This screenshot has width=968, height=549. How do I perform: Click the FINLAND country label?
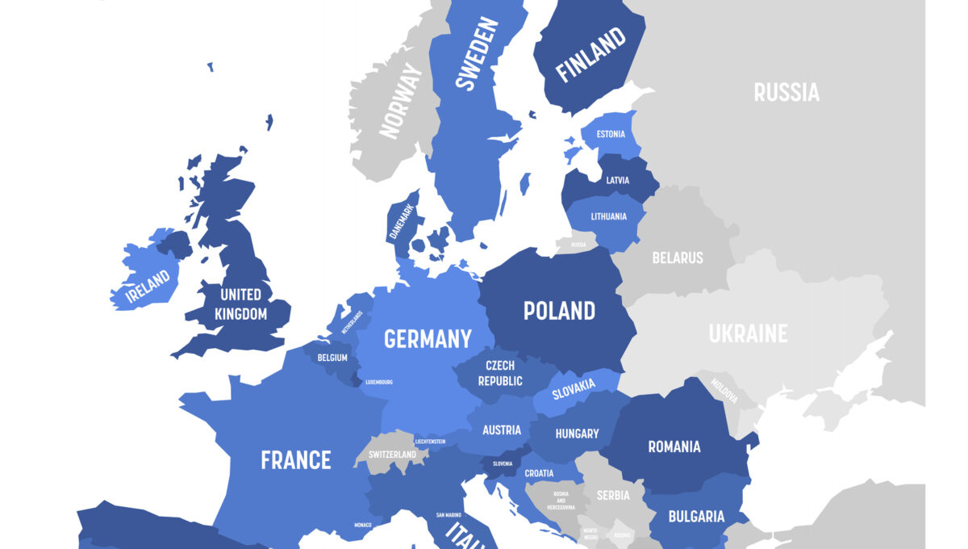point(591,55)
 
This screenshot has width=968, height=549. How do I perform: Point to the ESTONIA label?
point(611,134)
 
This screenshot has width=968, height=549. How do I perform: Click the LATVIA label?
point(617,180)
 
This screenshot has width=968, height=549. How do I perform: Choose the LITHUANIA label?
point(608,216)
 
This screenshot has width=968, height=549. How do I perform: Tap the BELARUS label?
point(678,258)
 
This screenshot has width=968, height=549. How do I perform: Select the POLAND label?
point(559,311)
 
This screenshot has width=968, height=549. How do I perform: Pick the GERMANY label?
point(428,339)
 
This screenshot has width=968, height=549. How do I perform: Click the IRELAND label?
point(147,285)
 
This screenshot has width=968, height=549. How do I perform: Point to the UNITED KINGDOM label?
point(240,304)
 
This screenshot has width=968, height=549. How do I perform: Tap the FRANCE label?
point(295,460)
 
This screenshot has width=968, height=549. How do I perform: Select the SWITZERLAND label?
point(392,455)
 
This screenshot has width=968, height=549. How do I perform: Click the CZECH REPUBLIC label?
point(500,373)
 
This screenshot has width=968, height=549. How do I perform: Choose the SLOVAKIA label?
point(574,389)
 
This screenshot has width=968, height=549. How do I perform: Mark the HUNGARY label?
point(577,434)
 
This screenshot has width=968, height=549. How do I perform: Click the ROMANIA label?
point(674,446)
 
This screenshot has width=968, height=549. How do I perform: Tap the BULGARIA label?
point(696,516)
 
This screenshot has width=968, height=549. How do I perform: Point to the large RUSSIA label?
point(786,93)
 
